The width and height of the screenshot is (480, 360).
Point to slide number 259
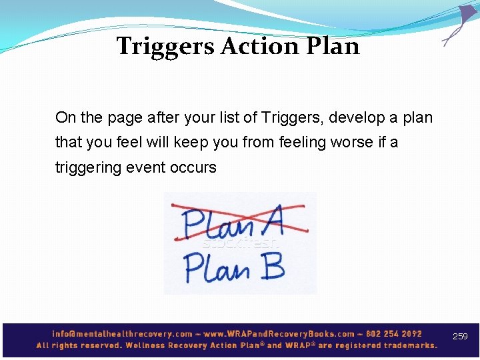[x=460, y=337]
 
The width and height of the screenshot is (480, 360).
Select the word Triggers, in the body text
[x=290, y=118]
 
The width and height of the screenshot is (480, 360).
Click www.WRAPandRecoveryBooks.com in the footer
[x=280, y=333]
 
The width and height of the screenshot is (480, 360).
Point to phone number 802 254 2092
[x=393, y=333]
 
